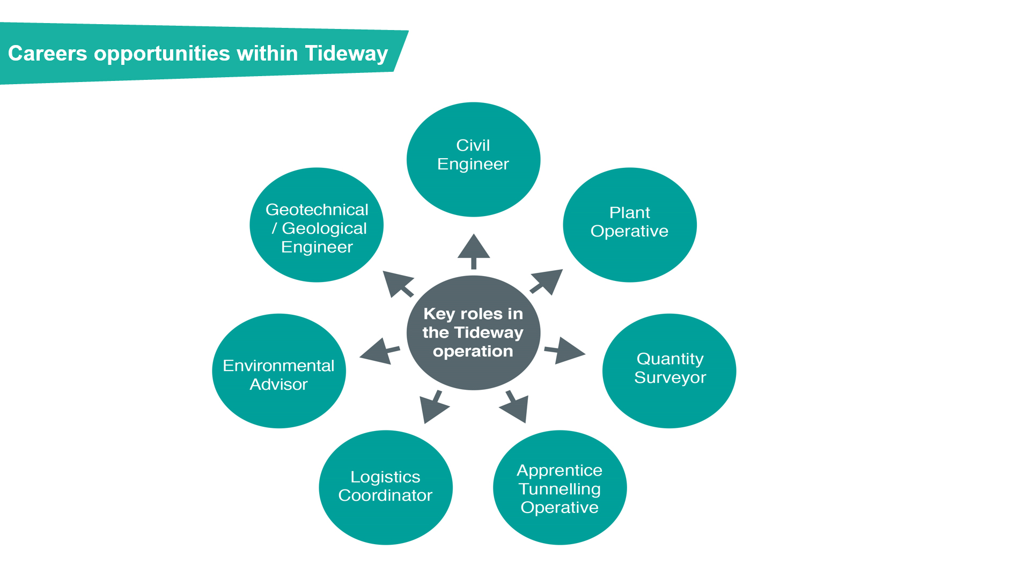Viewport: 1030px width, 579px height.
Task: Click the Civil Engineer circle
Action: click(x=473, y=159)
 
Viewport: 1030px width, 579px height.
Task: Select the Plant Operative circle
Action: click(x=629, y=225)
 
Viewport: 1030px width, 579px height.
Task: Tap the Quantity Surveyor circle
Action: click(x=669, y=370)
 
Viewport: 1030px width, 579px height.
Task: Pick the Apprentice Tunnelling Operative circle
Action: click(x=560, y=487)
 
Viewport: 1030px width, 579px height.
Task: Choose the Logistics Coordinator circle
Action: click(x=385, y=487)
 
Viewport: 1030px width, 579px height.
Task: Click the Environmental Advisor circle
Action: click(x=278, y=370)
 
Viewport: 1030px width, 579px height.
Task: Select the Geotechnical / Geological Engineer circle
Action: click(x=317, y=225)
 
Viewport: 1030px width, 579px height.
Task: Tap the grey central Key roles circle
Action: click(x=473, y=332)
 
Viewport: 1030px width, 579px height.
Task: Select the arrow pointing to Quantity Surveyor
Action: click(x=566, y=351)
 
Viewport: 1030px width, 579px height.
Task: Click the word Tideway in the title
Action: click(x=346, y=54)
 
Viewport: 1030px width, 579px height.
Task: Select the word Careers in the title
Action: click(x=47, y=54)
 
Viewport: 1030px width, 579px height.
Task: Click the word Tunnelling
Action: click(x=560, y=489)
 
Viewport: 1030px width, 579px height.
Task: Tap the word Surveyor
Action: click(x=669, y=377)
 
